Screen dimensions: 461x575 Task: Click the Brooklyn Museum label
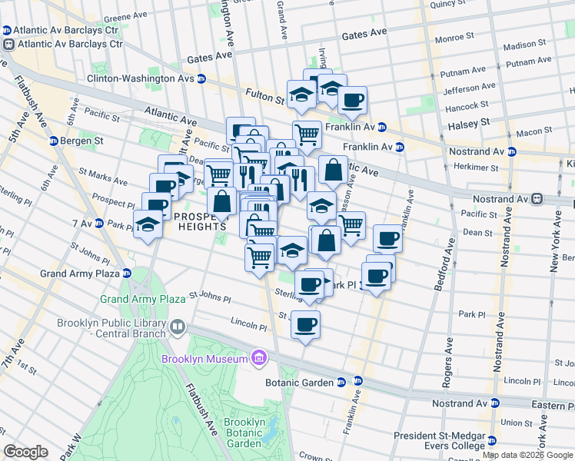coord(204,360)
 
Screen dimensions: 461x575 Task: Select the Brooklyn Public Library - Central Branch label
coord(111,328)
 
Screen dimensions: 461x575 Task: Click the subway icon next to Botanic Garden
coord(358,382)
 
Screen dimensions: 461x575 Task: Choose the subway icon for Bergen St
coord(54,141)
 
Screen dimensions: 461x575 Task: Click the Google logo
coord(26,452)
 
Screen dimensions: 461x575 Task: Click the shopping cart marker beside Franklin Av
coord(307,134)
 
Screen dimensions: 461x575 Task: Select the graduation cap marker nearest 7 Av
coord(148,225)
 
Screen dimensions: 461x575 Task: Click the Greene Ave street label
coord(119,15)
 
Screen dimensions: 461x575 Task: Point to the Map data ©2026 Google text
coord(528,455)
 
